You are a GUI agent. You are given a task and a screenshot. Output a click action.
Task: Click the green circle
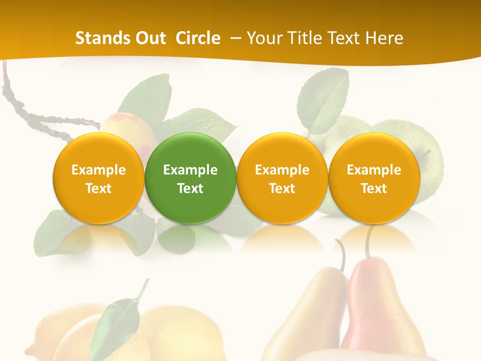pos(190,178)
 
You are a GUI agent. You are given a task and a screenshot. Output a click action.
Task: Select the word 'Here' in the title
pos(385,38)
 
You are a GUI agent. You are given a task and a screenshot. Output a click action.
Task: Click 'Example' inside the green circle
pos(190,170)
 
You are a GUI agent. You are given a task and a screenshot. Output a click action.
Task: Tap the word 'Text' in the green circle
pos(190,189)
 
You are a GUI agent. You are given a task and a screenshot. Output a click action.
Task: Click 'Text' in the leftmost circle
pos(99,189)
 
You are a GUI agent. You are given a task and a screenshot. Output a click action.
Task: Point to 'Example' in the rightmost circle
pos(374,170)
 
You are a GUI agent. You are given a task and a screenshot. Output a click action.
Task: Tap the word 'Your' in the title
pos(262,38)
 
